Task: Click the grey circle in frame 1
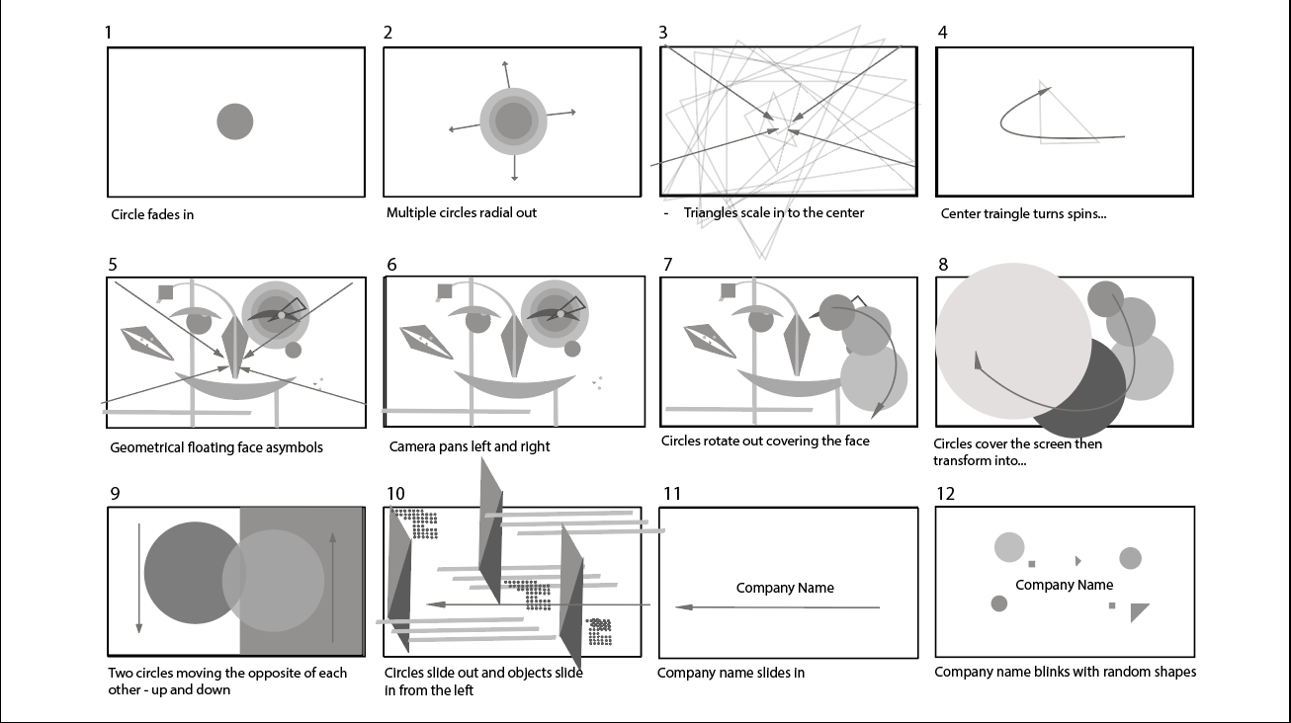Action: tap(234, 121)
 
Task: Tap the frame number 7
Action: tap(667, 265)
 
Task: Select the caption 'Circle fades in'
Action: tap(152, 214)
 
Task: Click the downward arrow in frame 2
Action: tap(514, 168)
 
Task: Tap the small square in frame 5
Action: tap(165, 292)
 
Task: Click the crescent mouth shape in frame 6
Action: tap(515, 384)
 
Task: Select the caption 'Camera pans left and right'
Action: tap(470, 446)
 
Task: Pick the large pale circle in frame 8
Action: tap(1013, 341)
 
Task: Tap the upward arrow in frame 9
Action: tap(332, 587)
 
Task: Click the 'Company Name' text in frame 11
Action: tap(785, 588)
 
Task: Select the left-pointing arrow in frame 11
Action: tap(778, 607)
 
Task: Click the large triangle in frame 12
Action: tap(1139, 611)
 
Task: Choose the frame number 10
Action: tap(395, 494)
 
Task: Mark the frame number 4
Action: tap(942, 33)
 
